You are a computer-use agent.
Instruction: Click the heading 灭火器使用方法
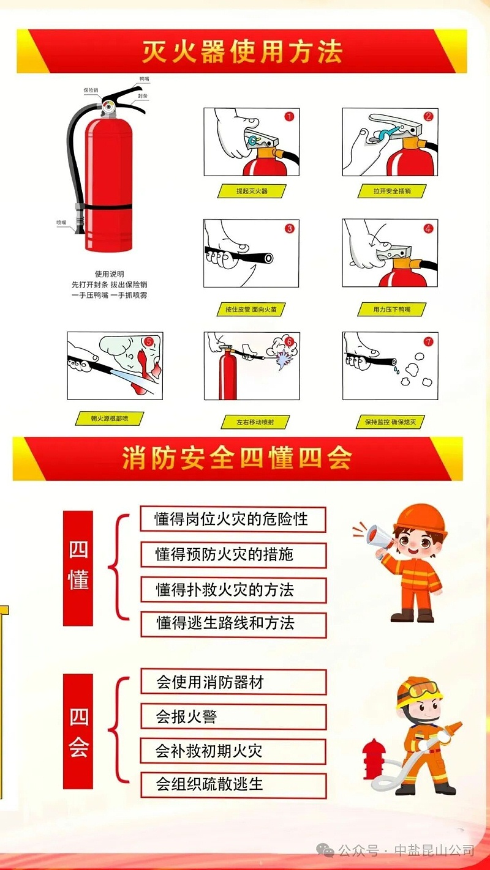pos(242,51)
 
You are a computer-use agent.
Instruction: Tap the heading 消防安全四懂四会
pos(237,458)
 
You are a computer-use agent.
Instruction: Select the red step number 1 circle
pos(289,116)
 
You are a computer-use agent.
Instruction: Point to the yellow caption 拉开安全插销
pos(392,191)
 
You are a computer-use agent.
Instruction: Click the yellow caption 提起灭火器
pos(252,191)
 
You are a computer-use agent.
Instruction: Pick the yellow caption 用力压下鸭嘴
pos(392,310)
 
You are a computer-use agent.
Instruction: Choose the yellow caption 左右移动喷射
pos(255,422)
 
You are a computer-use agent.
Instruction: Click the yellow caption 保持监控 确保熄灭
pos(390,422)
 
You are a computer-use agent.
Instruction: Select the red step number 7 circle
pos(428,341)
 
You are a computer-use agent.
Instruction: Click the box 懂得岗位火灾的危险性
pos(233,519)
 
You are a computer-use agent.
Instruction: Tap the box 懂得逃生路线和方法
pos(233,623)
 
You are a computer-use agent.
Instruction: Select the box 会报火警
pos(233,716)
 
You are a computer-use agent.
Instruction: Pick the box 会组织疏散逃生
pos(233,784)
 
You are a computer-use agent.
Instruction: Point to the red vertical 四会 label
pos(78,731)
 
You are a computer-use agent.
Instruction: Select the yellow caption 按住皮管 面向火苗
pos(251,310)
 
